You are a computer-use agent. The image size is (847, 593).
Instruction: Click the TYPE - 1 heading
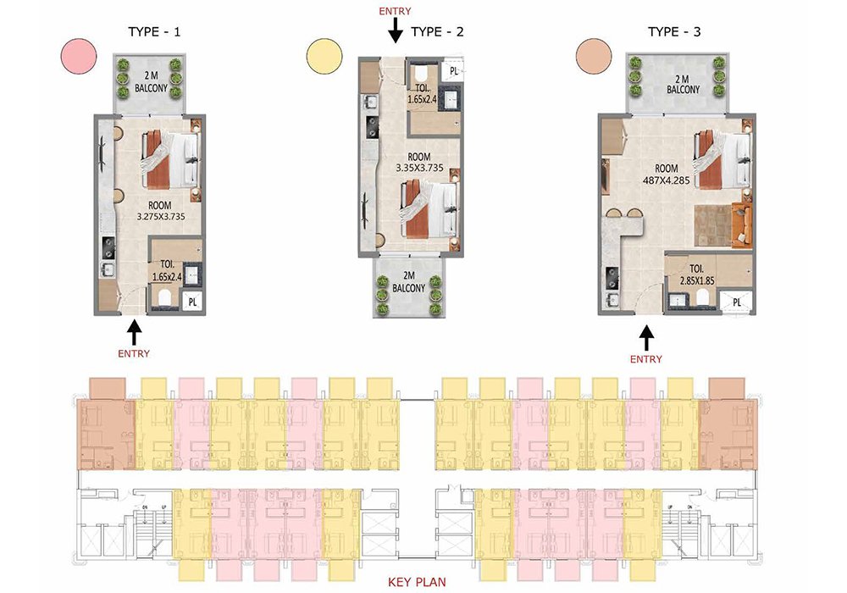[x=154, y=32]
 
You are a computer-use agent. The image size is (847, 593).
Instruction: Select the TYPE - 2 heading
[x=437, y=32]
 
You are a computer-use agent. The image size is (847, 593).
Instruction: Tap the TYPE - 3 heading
[x=674, y=32]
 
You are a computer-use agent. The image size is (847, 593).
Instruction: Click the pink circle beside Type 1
[x=79, y=56]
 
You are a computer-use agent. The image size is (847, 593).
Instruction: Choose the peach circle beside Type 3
[x=594, y=56]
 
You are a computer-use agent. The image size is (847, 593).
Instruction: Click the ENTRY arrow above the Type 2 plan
[x=396, y=30]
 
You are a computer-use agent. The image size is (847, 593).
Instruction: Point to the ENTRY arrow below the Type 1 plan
[x=134, y=331]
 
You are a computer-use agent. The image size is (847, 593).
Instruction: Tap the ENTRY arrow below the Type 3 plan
[x=646, y=336]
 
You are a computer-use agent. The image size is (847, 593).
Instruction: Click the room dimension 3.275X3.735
[x=161, y=217]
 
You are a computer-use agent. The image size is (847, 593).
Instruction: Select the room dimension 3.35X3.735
[x=419, y=168]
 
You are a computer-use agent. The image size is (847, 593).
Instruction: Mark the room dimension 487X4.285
[x=666, y=180]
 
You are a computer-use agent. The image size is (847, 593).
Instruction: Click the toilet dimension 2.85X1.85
[x=697, y=281]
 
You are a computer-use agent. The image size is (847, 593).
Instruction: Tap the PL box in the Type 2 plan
[x=452, y=71]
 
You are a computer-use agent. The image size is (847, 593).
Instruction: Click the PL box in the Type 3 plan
[x=736, y=302]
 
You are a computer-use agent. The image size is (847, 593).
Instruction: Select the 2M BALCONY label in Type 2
[x=408, y=282]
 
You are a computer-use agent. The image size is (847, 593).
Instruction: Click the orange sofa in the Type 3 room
[x=741, y=224]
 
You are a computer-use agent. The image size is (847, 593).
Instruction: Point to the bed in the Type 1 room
[x=170, y=160]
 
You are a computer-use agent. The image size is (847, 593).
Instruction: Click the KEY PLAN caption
[x=417, y=582]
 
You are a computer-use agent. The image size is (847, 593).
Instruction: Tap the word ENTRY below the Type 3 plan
[x=646, y=359]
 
